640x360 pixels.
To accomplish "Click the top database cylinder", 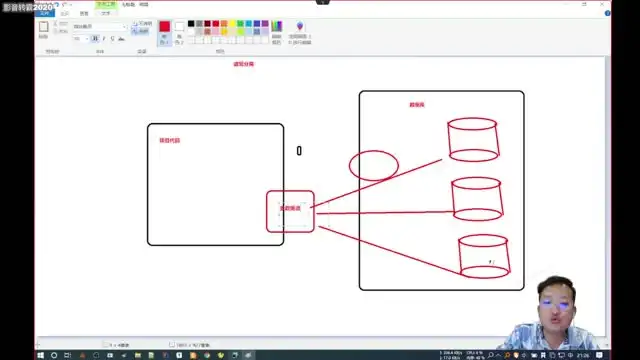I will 474,140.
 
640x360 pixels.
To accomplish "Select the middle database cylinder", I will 476,199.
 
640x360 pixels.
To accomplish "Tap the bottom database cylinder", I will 484,256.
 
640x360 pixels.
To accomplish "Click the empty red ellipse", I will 374,165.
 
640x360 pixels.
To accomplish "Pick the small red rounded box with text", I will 290,211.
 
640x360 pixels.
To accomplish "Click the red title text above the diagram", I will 244,64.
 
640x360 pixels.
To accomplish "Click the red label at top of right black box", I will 418,105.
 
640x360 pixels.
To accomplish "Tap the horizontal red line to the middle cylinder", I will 385,213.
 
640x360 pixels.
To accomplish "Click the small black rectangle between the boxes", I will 298,151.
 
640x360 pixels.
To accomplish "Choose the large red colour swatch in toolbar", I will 164,26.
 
